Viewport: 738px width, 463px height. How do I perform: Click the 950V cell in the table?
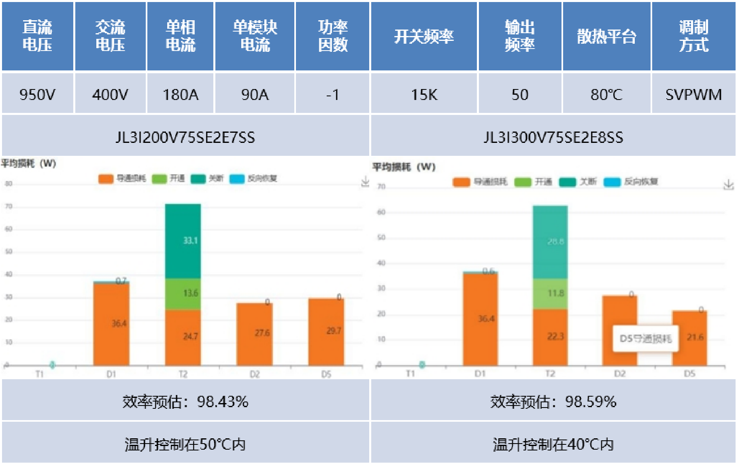coord(37,95)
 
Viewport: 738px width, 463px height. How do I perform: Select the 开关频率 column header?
coord(424,36)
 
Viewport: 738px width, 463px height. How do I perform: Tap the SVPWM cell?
coord(693,95)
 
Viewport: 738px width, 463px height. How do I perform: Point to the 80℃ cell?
coord(606,95)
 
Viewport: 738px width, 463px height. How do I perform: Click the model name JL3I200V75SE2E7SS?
coord(185,138)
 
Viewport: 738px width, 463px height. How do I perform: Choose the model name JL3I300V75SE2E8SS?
coord(553,138)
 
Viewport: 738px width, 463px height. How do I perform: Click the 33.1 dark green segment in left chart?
coord(183,241)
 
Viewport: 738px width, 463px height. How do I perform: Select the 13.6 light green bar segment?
coord(183,294)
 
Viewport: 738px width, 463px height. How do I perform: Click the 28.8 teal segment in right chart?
coord(550,242)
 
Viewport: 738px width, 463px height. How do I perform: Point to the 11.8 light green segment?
coord(550,294)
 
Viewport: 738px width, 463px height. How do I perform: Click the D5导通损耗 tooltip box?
coord(645,338)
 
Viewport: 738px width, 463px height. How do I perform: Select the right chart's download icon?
coord(729,185)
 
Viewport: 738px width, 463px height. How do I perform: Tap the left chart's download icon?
coord(365,181)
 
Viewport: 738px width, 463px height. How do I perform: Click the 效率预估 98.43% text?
coord(185,402)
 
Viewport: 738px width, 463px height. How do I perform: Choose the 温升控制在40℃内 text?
coord(553,444)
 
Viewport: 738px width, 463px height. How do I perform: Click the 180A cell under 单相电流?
coord(181,95)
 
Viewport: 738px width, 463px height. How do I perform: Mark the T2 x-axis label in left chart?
coord(183,374)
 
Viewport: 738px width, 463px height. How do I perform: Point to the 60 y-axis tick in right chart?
coord(381,212)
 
